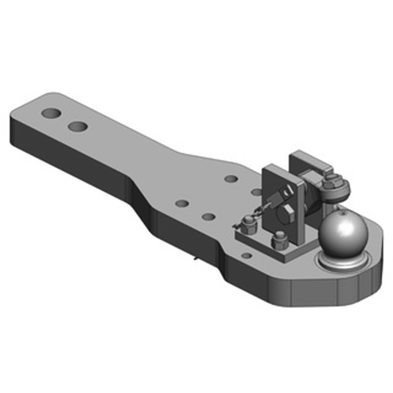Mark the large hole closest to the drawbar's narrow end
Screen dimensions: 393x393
coord(51,113)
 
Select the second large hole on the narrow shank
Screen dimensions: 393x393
coord(78,127)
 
